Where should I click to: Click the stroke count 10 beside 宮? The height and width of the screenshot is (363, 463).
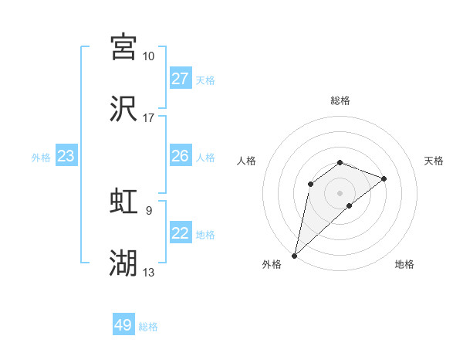pyautogui.click(x=148, y=56)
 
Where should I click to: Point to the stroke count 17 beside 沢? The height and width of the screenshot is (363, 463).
pyautogui.click(x=148, y=119)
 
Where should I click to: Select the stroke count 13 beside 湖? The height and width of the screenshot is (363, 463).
pyautogui.click(x=148, y=273)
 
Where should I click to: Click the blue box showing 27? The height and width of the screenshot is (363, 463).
pyautogui.click(x=180, y=79)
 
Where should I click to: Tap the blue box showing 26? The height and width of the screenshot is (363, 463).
pyautogui.click(x=180, y=156)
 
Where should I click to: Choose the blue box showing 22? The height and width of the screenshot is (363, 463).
pyautogui.click(x=180, y=233)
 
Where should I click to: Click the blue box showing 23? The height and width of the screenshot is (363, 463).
pyautogui.click(x=66, y=156)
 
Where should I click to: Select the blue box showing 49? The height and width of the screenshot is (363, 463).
pyautogui.click(x=123, y=325)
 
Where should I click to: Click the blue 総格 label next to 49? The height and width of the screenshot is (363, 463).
pyautogui.click(x=148, y=327)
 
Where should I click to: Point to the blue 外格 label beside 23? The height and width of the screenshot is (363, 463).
pyautogui.click(x=41, y=158)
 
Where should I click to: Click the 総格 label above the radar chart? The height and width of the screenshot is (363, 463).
pyautogui.click(x=340, y=100)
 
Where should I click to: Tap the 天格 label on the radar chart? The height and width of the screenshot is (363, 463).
pyautogui.click(x=434, y=161)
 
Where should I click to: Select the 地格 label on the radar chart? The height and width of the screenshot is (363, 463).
pyautogui.click(x=404, y=264)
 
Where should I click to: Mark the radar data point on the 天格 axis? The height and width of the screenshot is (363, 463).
pyautogui.click(x=384, y=178)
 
